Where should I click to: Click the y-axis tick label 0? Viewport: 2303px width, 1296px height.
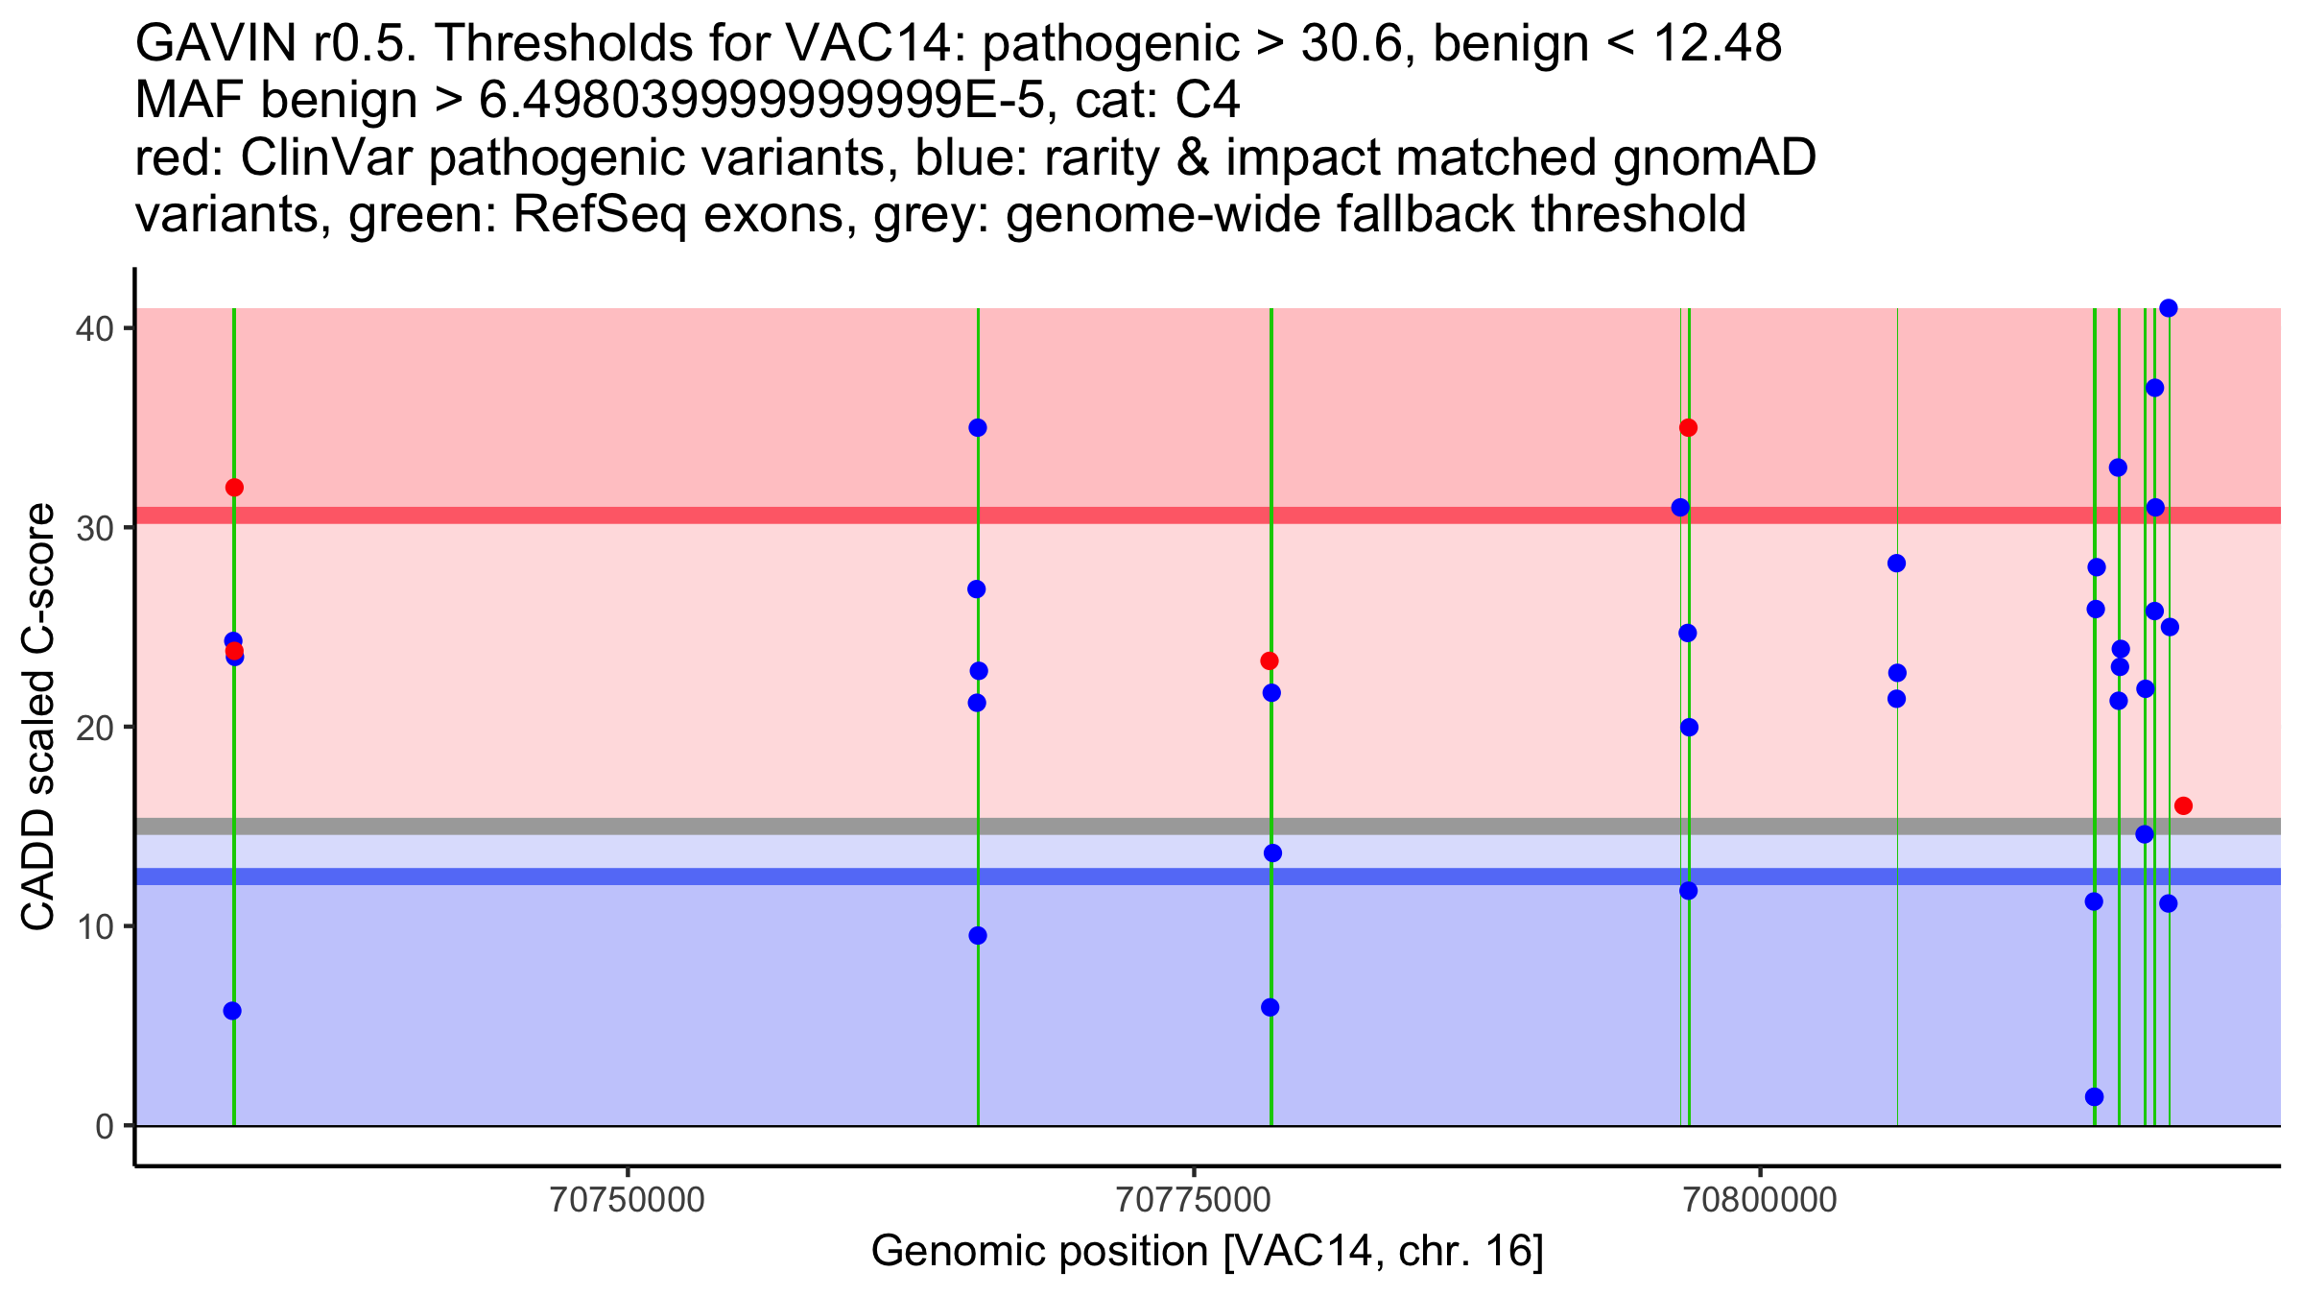coord(104,1126)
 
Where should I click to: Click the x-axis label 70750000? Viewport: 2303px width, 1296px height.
coord(628,1201)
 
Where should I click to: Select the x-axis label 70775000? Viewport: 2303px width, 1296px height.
coord(1194,1201)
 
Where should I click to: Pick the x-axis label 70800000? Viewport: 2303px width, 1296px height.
coord(1760,1201)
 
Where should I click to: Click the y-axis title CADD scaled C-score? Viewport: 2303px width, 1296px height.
coord(38,720)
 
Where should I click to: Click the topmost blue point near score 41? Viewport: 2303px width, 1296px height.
coord(2168,308)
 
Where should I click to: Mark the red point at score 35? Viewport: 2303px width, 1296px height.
coord(1688,427)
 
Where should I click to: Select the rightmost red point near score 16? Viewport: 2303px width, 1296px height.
coord(2183,805)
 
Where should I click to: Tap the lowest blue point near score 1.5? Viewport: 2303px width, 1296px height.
coord(2094,1096)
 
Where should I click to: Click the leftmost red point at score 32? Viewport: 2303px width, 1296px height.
coord(234,488)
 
